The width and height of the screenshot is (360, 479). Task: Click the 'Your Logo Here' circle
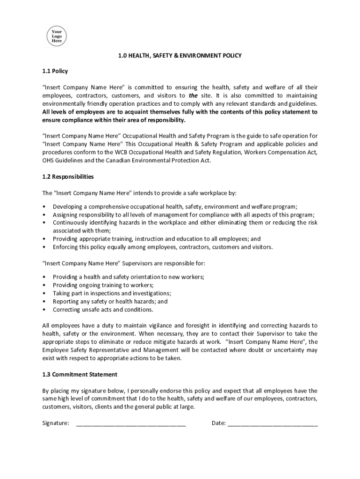click(x=56, y=36)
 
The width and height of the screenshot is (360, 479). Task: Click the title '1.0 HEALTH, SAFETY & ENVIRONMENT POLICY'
click(x=180, y=56)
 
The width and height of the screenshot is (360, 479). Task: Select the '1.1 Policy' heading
click(x=55, y=71)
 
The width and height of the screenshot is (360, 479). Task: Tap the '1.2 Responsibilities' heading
click(x=68, y=177)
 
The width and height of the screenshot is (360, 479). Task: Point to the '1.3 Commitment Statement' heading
click(x=79, y=374)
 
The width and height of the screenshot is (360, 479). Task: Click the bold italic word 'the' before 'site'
click(x=193, y=95)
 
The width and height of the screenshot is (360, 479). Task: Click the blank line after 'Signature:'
click(x=130, y=423)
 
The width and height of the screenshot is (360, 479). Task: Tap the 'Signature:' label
click(x=56, y=423)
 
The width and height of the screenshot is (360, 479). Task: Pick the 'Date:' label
click(x=219, y=423)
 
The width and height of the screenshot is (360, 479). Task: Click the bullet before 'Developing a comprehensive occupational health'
click(x=44, y=206)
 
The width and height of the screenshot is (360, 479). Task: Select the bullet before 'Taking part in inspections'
click(x=44, y=293)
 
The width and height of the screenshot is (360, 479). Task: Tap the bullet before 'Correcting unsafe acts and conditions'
click(x=44, y=310)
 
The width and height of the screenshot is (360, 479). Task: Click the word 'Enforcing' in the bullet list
click(x=66, y=247)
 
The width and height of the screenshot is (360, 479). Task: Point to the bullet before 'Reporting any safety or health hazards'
click(x=44, y=302)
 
